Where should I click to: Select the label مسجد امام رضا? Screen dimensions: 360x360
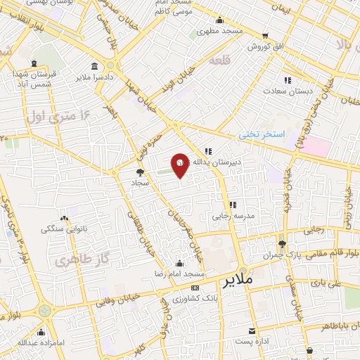click(x=181, y=273)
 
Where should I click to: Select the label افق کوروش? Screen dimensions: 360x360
click(x=264, y=46)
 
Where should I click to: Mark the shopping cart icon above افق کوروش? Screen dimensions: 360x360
click(x=264, y=35)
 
